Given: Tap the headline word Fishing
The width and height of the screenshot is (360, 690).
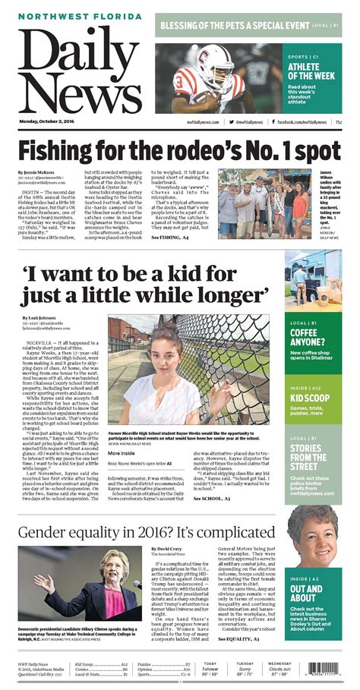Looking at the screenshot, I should [x=65, y=150].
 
